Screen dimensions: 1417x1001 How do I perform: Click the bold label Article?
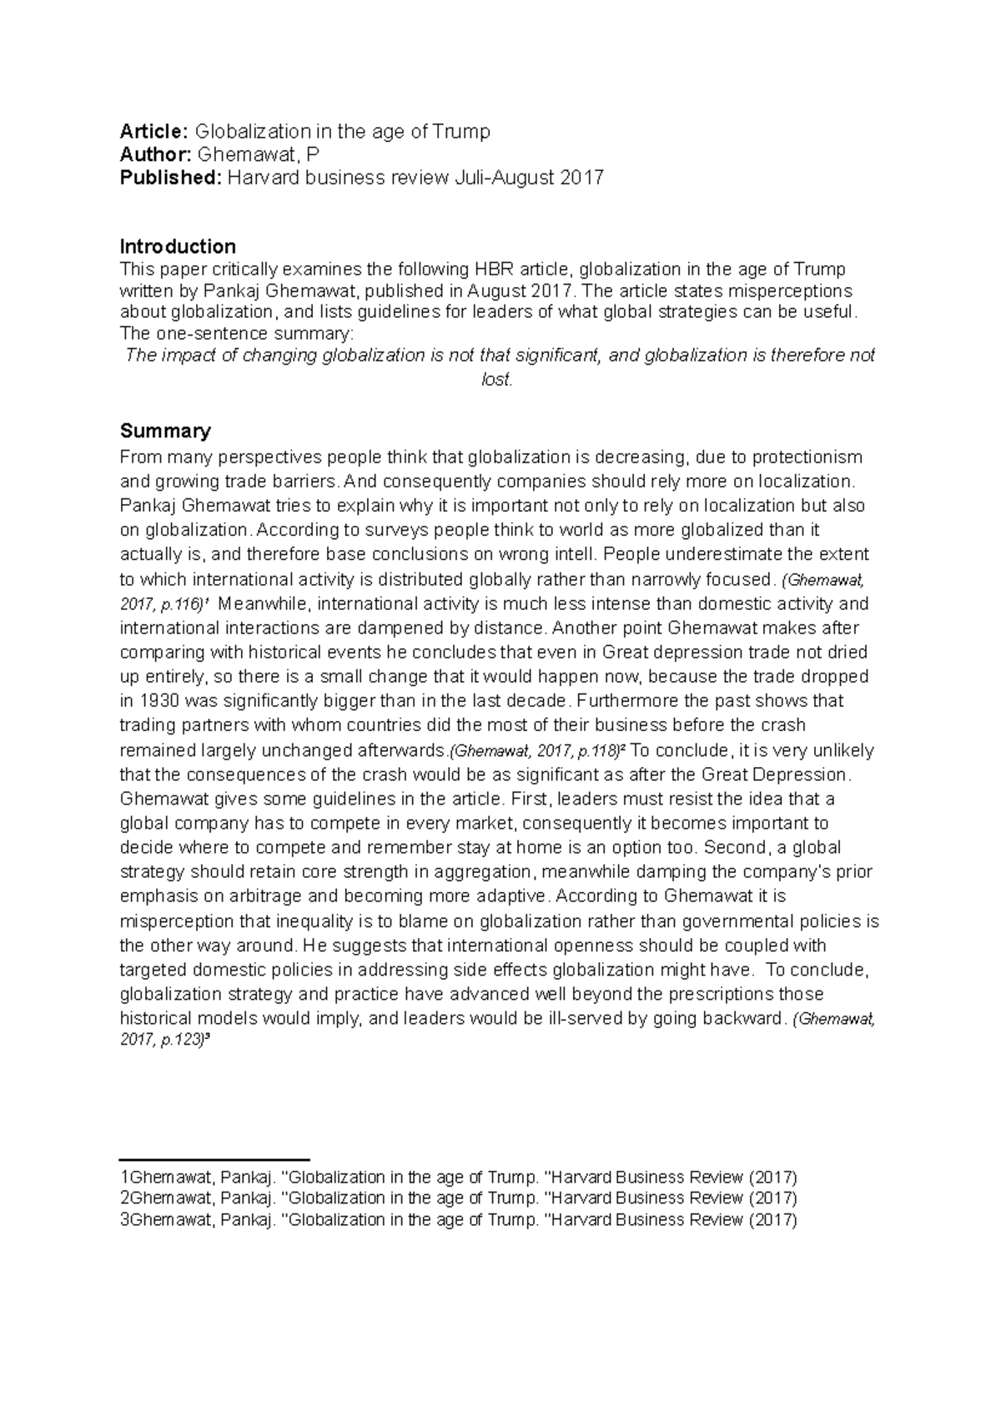[154, 131]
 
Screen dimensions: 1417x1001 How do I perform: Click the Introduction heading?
[178, 246]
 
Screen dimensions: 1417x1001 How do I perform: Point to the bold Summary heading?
[165, 431]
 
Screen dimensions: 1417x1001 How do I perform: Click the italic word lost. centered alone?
[497, 380]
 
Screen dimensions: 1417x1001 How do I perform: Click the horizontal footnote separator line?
[214, 1159]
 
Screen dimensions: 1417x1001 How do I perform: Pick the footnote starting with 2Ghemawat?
[459, 1198]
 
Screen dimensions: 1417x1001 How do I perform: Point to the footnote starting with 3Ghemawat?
[459, 1219]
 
